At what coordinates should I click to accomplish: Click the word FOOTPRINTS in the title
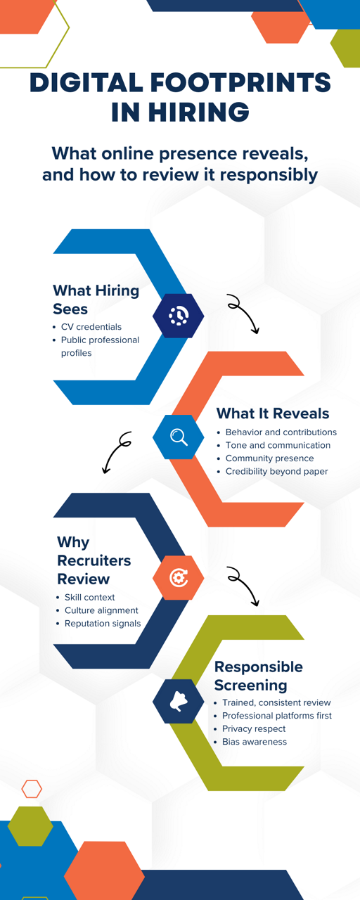tap(240, 82)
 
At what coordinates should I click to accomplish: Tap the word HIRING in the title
tap(198, 112)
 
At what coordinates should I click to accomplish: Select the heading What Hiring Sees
tap(96, 300)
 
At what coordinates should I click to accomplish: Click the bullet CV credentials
tap(91, 327)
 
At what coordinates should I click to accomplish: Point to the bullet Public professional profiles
tap(100, 347)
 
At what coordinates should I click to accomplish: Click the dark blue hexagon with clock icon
tap(179, 316)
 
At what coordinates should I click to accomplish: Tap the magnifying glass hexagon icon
tap(179, 437)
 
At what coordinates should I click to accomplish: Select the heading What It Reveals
tap(273, 413)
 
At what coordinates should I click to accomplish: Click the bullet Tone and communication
tap(278, 445)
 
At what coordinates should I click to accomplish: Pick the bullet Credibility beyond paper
tap(277, 471)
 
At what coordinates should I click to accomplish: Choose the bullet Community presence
tap(269, 458)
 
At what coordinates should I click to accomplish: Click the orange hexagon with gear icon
tap(179, 578)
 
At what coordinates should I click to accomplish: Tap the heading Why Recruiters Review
tap(94, 560)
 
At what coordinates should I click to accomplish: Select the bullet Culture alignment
tap(101, 610)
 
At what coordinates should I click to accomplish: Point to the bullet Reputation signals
tap(103, 624)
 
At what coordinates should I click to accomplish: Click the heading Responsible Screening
tap(259, 676)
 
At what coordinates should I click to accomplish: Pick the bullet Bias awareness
tap(255, 742)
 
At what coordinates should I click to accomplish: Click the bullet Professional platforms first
tap(277, 716)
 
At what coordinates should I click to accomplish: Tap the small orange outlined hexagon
tap(32, 789)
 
